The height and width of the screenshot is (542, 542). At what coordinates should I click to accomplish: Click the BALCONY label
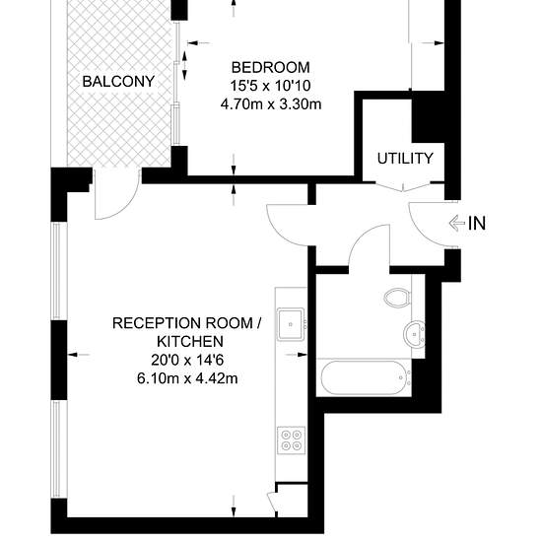118,82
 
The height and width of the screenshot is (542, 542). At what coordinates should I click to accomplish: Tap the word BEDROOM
270,67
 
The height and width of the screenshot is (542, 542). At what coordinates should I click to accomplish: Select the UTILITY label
405,159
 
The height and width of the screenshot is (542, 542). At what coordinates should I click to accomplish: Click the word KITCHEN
190,342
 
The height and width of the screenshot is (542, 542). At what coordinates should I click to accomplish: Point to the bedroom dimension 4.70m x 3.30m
271,104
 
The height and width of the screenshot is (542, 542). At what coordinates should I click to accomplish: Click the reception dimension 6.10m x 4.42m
187,378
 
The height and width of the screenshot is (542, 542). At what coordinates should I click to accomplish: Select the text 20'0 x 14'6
187,360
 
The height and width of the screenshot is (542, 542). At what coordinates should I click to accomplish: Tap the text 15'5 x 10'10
270,86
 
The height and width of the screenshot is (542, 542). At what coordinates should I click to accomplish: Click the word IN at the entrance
477,224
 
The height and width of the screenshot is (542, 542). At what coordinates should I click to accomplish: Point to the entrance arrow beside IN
457,224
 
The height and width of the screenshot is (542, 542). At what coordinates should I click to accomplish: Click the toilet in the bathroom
397,298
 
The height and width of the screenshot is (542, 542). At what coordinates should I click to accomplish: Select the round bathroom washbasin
414,334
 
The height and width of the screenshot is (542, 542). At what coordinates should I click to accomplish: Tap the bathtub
364,377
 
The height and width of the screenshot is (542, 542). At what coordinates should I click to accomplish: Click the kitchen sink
291,324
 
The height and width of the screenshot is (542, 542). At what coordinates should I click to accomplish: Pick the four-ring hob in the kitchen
291,440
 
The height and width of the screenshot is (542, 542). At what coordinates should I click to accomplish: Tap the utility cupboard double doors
403,186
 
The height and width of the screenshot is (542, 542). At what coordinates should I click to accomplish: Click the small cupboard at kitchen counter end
293,501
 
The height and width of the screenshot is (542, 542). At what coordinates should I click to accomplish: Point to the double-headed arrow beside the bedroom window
184,66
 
